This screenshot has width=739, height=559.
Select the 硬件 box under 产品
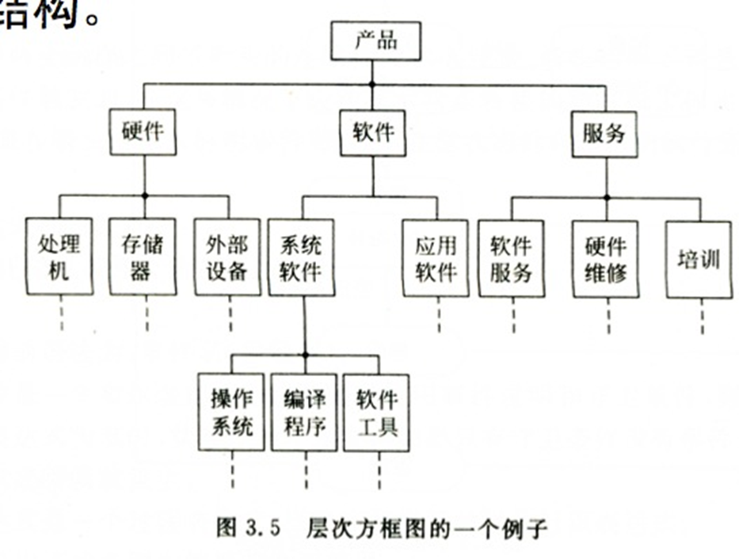(143, 131)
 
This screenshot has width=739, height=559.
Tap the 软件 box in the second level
(372, 131)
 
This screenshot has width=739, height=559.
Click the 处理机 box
(59, 257)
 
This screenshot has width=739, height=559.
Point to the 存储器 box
(143, 257)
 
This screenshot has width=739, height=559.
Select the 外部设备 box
(227, 257)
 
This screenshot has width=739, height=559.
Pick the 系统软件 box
(302, 257)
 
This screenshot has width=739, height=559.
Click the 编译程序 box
(304, 412)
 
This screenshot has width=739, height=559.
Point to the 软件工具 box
(377, 412)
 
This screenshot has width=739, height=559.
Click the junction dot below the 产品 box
(372, 84)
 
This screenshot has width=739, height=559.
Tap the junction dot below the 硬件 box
(143, 196)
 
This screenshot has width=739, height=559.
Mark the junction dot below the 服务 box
(607, 197)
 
